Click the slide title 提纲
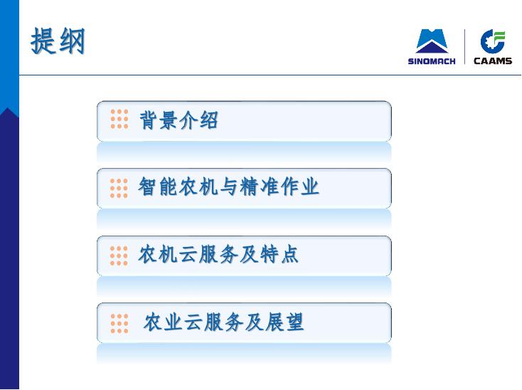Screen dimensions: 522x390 coord(58,41)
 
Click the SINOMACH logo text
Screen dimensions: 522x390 coord(432,61)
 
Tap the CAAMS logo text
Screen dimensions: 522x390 coord(493,60)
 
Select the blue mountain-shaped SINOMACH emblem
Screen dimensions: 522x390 coord(432,41)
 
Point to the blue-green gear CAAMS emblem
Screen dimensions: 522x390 coord(493,41)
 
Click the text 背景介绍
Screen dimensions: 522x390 coord(179,120)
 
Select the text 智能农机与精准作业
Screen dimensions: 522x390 coord(229,186)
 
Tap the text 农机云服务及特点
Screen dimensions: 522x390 coord(218,255)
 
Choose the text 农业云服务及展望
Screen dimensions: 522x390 coord(224,322)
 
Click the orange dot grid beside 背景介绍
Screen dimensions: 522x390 coord(119,119)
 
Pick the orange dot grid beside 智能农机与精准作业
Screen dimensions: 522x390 coord(119,188)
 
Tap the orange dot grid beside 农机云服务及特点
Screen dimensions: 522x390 coord(119,255)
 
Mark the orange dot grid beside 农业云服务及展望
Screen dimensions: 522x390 coord(119,323)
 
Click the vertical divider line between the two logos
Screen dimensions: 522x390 coord(464,47)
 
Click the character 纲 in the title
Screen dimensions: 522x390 coord(72,41)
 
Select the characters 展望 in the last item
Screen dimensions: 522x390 coord(284,322)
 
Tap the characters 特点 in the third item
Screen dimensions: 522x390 coord(279,255)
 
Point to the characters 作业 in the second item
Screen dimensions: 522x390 coord(299,186)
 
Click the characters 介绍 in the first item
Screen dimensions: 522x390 coord(199,120)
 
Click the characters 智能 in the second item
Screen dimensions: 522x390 coord(157,186)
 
